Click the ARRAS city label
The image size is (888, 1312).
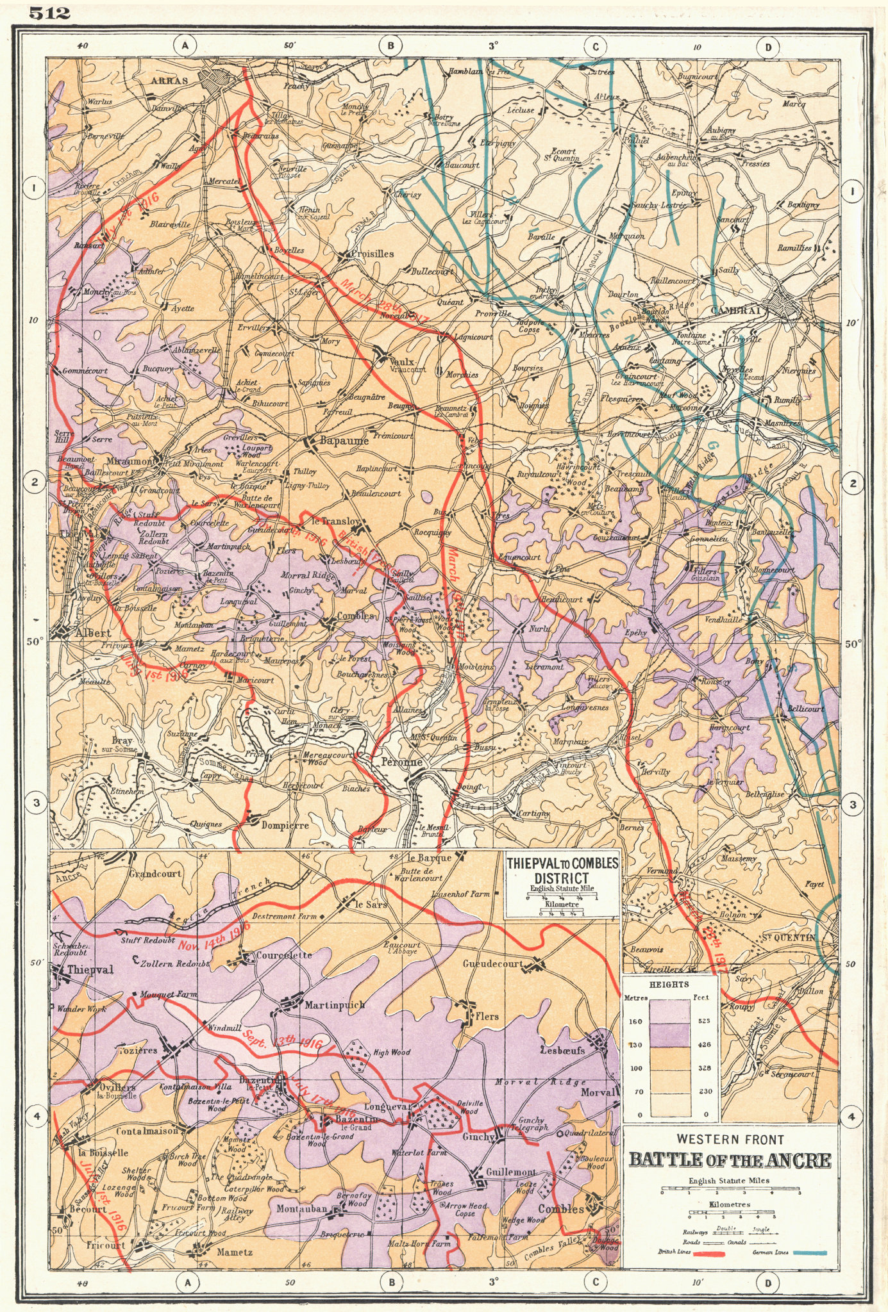point(170,81)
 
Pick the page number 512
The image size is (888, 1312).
point(49,13)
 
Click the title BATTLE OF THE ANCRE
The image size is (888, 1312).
point(730,1160)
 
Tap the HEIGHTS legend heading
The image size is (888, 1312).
point(669,984)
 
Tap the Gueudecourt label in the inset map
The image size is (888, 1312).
point(492,964)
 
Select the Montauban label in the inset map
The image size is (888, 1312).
point(303,1208)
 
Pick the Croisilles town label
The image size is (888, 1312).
point(373,254)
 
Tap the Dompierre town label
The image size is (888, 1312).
point(285,825)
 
